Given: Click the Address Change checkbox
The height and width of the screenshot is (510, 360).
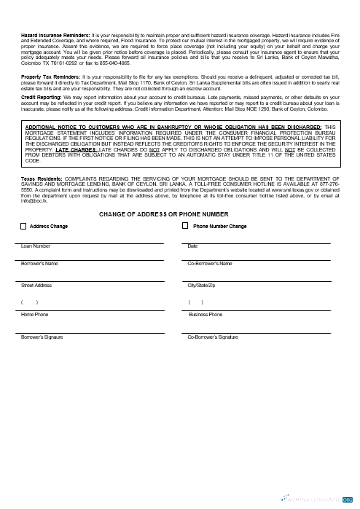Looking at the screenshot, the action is click(23, 227).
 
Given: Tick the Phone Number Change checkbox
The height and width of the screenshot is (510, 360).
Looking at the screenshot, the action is click(185, 227).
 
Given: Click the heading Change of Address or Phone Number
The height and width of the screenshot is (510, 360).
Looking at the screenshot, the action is click(163, 214).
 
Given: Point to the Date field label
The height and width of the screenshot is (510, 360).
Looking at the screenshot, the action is click(192, 246).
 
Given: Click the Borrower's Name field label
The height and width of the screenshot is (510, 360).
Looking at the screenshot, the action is click(39, 263).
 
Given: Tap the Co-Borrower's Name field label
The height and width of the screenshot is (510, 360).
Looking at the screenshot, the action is click(210, 263).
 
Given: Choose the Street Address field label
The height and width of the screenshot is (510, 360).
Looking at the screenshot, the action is click(36, 285).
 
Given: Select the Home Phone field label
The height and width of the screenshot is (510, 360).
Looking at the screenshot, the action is click(35, 315).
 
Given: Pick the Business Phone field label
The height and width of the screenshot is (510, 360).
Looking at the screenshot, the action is click(206, 315).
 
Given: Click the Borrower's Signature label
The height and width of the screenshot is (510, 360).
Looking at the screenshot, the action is click(42, 338).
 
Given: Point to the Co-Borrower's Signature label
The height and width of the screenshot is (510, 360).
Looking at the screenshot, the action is click(213, 338).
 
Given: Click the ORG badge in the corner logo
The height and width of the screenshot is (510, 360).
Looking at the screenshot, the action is click(348, 500).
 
